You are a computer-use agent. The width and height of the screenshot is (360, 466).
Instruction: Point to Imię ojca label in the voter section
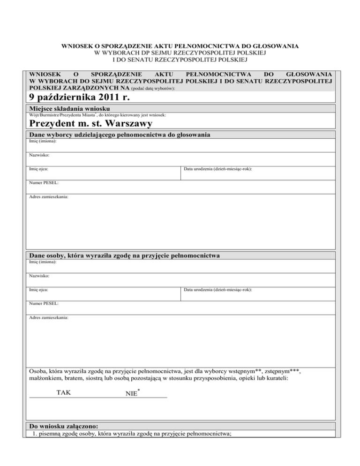[39, 168]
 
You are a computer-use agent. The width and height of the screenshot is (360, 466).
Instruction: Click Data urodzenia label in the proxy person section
[218, 290]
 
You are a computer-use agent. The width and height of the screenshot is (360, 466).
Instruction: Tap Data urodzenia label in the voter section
[218, 168]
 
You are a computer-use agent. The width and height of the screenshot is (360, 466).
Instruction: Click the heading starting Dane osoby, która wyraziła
[125, 256]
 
